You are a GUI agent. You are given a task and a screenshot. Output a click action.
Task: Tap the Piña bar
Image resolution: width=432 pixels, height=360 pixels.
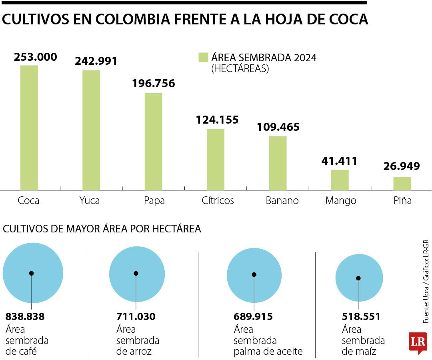(x=402, y=183)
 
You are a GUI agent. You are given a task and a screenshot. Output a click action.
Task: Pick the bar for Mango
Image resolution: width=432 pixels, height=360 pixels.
(x=340, y=180)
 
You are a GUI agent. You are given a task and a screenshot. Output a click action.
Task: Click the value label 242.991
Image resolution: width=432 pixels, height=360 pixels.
(x=96, y=61)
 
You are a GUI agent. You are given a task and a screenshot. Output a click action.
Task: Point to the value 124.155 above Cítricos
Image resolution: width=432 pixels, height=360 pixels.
(x=217, y=120)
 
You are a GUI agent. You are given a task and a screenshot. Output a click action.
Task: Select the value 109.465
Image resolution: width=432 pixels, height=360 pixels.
(x=278, y=127)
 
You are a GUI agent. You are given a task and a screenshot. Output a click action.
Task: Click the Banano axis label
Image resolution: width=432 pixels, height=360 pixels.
(x=282, y=200)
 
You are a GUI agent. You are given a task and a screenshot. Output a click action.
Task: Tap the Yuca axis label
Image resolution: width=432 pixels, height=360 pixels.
(x=90, y=200)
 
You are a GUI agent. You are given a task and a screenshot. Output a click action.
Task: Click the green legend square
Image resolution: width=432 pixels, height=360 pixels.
(x=203, y=57)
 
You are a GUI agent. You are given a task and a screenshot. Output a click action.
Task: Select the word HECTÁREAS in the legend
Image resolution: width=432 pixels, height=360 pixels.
(x=240, y=69)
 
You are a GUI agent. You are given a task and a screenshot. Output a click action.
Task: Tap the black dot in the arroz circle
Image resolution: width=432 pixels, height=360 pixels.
(x=136, y=274)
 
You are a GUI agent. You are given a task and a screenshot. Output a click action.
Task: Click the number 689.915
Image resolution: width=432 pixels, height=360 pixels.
(x=253, y=317)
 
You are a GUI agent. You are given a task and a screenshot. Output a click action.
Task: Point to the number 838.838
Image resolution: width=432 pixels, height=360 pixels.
(x=25, y=317)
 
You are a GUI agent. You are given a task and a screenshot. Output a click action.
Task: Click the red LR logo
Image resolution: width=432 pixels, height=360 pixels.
(x=418, y=342)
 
